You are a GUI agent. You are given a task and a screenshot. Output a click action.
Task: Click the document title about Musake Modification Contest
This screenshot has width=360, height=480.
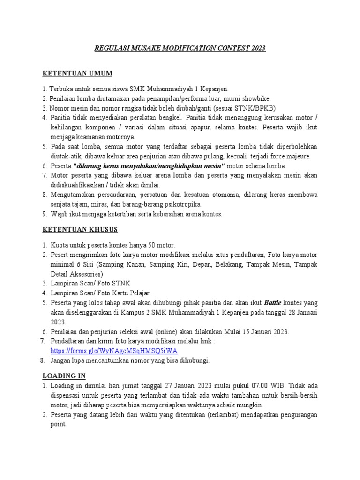180,48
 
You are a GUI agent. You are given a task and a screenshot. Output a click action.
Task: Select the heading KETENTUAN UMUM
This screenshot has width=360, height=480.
77,74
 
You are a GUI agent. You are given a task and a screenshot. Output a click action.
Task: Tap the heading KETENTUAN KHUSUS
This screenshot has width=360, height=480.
80,230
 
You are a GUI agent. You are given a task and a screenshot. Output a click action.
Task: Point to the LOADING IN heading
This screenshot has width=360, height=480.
64,376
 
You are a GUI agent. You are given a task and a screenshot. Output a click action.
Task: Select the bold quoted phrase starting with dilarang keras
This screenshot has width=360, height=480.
149,166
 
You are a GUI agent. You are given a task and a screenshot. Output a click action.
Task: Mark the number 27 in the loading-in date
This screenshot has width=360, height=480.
170,386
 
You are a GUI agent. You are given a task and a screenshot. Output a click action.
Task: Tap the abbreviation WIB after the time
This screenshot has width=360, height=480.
275,386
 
